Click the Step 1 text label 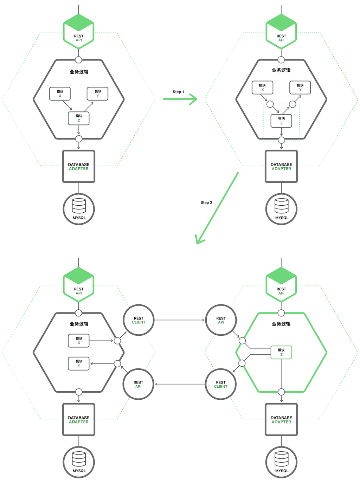[178, 92]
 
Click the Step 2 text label [206, 202]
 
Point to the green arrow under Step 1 [180, 99]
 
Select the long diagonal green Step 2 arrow [217, 208]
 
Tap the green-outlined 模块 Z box [281, 352]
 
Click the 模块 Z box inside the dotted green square [281, 121]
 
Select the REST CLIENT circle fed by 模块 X [139, 320]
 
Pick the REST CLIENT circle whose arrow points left [221, 384]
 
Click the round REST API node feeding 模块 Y [139, 384]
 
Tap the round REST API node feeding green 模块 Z [221, 320]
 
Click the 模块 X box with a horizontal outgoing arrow [79, 341]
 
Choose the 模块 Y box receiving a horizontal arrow [79, 363]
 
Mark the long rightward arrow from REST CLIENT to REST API [179, 320]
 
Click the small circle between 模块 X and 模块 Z [270, 104]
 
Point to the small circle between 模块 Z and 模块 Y [292, 104]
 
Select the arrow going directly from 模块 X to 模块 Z [67, 105]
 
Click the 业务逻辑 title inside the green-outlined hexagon [281, 324]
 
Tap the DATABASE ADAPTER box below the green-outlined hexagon [281, 420]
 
